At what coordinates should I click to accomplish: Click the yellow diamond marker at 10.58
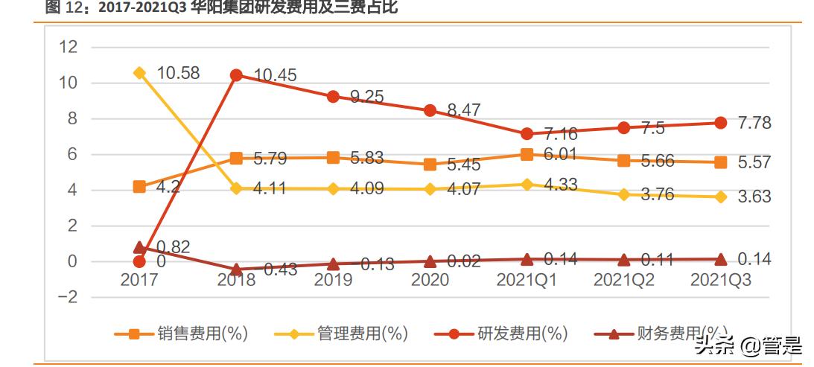coord(139,73)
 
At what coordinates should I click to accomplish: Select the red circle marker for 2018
coord(236,75)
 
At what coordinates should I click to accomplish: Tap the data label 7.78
coord(754,123)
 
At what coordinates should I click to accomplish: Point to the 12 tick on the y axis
coord(69,47)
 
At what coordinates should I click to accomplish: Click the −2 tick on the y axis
coord(67,297)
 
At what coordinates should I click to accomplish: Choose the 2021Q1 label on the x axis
coord(527,280)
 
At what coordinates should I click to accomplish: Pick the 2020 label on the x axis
coord(430,280)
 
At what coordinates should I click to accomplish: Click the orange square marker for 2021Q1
coord(527,154)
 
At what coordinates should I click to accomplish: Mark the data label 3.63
coord(754,197)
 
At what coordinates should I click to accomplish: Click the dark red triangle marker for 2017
coord(139,247)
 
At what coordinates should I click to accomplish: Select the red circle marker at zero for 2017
coord(139,261)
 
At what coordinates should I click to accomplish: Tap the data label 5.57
coord(754,163)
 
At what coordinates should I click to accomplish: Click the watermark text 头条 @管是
coord(748,345)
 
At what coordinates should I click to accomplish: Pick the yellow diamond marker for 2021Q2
coord(624,194)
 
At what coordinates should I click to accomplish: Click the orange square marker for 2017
coord(139,187)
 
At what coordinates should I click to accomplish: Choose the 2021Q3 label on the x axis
coord(720,280)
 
